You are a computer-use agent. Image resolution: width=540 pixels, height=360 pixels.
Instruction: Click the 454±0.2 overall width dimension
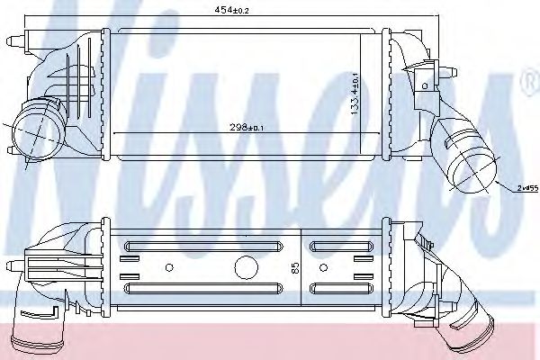[231, 10]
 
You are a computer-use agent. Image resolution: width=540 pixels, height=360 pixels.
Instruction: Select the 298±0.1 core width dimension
[247, 128]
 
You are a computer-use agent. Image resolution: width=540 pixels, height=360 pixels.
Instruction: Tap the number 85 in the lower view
[295, 268]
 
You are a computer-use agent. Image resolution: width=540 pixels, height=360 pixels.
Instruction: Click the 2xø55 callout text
[527, 188]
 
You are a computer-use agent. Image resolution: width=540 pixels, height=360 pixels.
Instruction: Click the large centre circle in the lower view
[247, 267]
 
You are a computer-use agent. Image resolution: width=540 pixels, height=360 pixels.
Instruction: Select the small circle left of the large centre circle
[169, 267]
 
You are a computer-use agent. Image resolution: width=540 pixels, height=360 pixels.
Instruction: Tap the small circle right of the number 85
[323, 267]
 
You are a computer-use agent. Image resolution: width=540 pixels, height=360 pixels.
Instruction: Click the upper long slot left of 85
[203, 246]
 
